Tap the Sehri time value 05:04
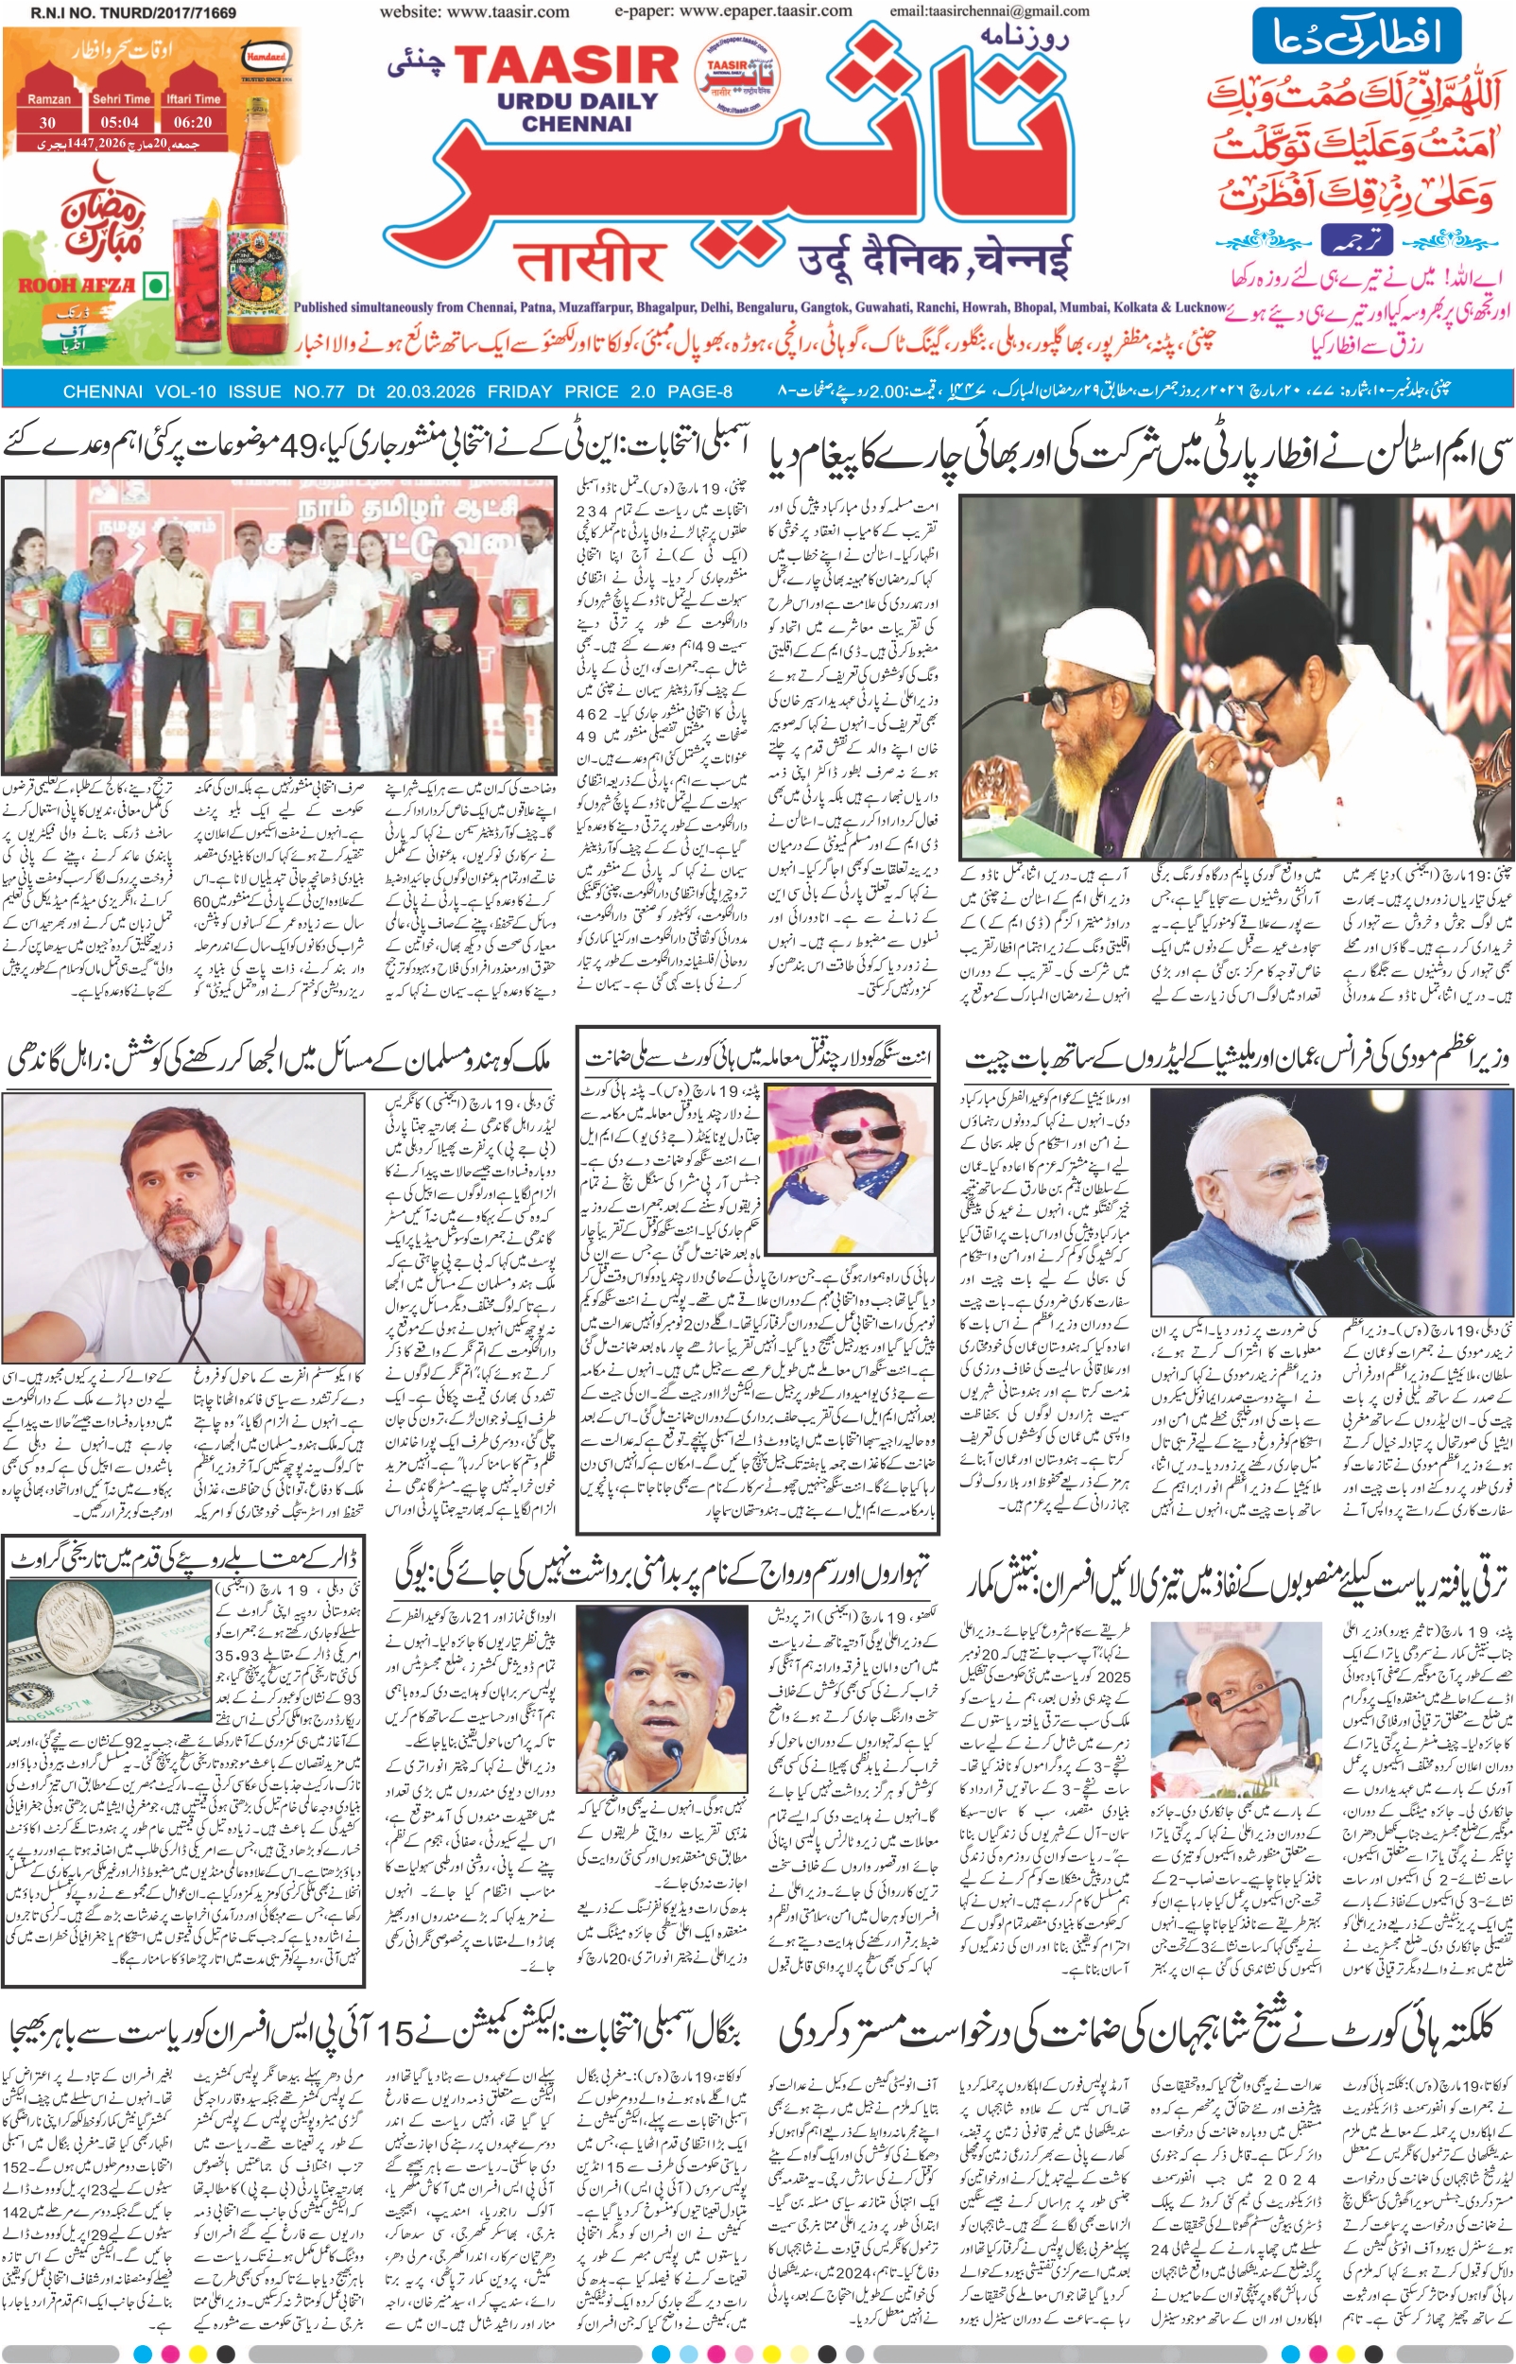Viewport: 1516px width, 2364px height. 120,122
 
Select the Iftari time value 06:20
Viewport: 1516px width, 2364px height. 193,122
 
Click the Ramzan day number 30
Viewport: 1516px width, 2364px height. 47,122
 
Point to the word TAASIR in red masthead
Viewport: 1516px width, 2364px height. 566,65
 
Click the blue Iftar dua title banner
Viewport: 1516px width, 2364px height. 1355,37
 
